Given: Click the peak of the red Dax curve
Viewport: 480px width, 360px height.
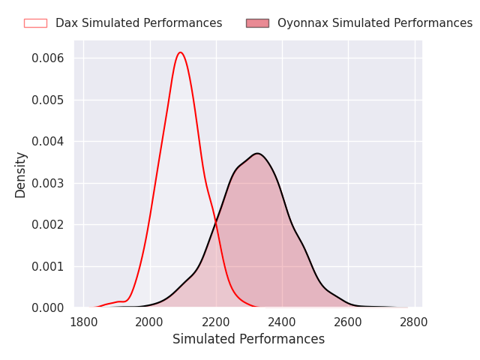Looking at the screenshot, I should (x=181, y=52).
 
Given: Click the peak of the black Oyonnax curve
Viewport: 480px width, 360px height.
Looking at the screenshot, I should (x=256, y=154).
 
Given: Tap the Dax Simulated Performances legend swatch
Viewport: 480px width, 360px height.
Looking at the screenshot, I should (x=35, y=23).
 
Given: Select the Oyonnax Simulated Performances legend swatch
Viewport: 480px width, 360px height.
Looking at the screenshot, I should (x=257, y=23).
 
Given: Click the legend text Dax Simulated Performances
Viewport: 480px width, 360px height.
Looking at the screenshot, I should (x=139, y=23).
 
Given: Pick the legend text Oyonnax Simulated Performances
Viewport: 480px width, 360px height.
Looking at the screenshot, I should (x=375, y=23).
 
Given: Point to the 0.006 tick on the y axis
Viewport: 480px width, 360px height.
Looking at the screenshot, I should (x=48, y=58).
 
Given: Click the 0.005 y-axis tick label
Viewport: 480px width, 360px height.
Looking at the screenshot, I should (x=48, y=100).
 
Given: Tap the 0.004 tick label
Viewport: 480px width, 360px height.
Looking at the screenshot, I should (x=48, y=142).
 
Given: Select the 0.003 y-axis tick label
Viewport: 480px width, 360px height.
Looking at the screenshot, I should (x=48, y=183).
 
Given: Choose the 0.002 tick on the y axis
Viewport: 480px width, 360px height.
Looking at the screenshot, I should (x=48, y=225).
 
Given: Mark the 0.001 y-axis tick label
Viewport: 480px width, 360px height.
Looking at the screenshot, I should (x=48, y=266).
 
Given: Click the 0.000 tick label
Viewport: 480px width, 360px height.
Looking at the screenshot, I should (x=48, y=308).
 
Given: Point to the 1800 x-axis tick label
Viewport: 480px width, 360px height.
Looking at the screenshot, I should (x=84, y=322).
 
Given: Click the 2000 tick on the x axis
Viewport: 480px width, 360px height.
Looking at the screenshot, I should (x=150, y=322).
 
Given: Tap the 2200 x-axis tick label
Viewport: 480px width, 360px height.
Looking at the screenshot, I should (x=216, y=322).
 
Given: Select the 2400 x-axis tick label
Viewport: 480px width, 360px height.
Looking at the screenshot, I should (x=282, y=322).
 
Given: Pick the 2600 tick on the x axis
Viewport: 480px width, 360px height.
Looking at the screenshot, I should (x=348, y=322).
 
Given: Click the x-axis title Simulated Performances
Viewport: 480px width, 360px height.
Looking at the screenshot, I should (x=248, y=340).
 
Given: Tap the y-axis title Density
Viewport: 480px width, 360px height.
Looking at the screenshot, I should (x=21, y=175).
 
